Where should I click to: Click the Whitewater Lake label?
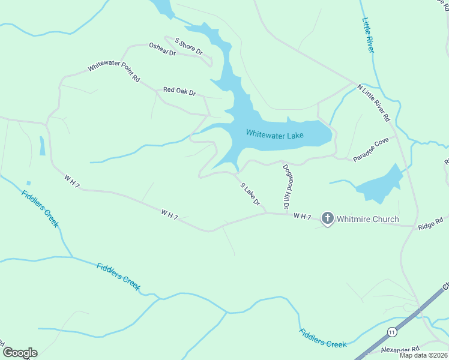[x=275, y=135]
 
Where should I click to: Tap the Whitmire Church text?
[x=367, y=219]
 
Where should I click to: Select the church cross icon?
[x=327, y=218]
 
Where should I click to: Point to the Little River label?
[x=368, y=34]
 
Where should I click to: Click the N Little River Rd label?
[x=373, y=102]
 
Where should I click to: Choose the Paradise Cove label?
[x=370, y=149]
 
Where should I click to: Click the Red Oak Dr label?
[x=179, y=91]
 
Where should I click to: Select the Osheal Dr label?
[x=162, y=49]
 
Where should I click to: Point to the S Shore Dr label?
[x=188, y=46]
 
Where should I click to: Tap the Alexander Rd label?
[x=400, y=349]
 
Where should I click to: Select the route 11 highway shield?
[x=391, y=332]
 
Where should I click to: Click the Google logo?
[x=20, y=353]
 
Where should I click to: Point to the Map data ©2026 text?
[x=423, y=355]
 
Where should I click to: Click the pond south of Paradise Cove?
[x=380, y=186]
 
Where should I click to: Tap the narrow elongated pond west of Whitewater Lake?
[x=42, y=146]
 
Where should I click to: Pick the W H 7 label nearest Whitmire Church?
[x=303, y=216]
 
